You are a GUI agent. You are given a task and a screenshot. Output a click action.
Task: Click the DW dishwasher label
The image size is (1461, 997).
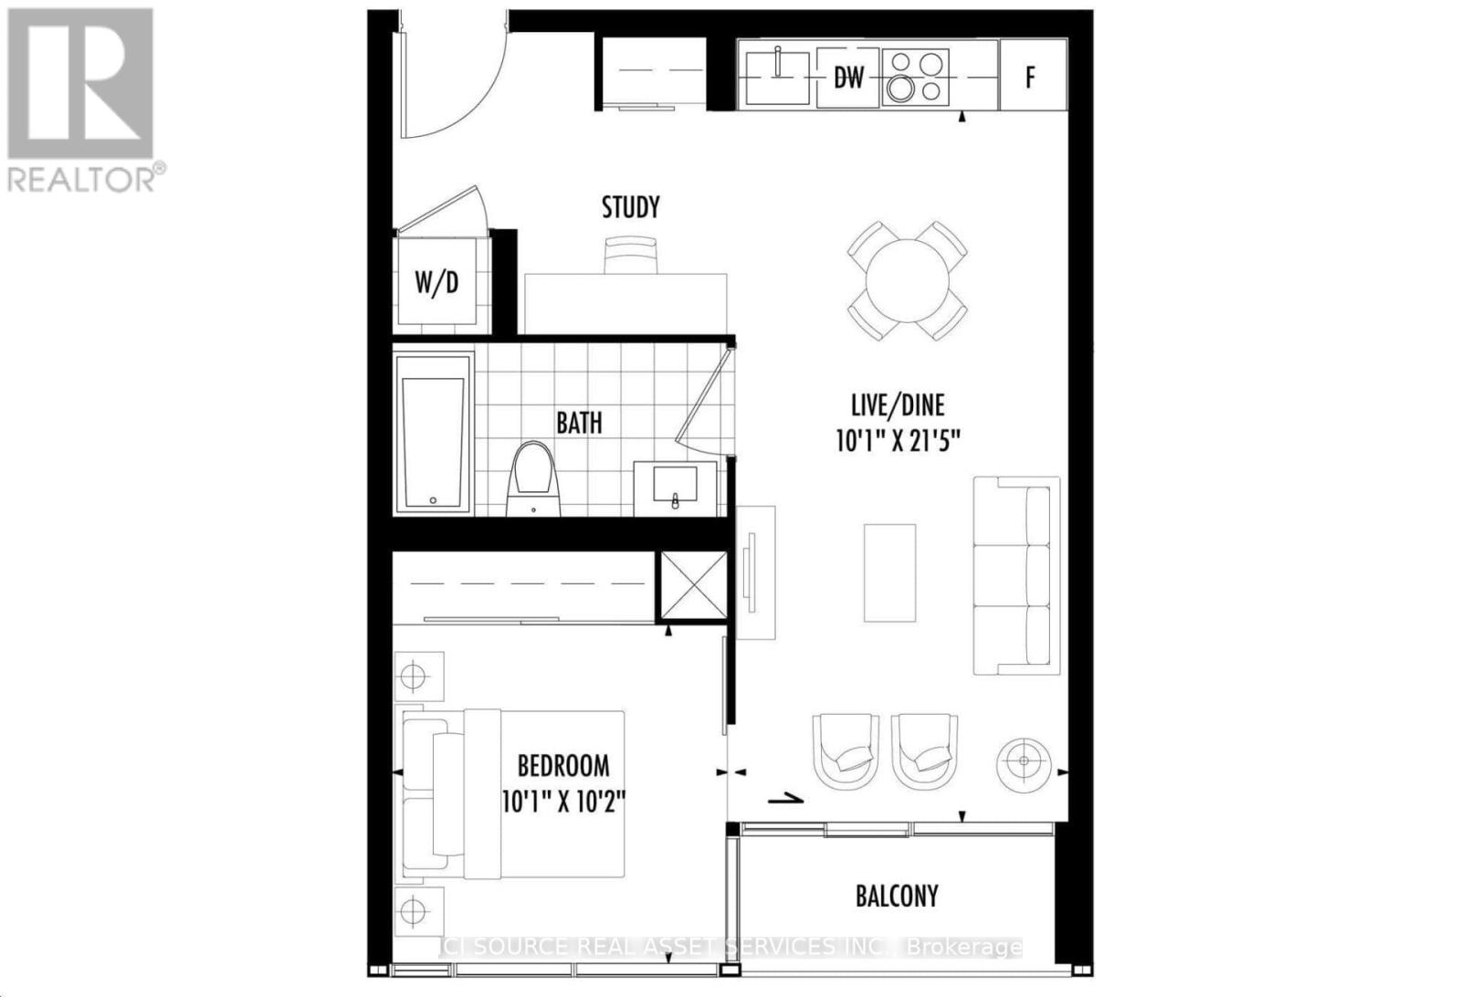tap(848, 79)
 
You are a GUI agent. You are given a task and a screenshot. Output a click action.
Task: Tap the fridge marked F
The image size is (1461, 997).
tap(1032, 76)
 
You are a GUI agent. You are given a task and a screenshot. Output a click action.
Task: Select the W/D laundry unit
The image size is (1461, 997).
tap(436, 283)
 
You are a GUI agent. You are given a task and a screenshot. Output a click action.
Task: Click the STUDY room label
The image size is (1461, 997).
tap(630, 208)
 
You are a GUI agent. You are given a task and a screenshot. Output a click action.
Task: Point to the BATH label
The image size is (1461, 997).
tap(579, 423)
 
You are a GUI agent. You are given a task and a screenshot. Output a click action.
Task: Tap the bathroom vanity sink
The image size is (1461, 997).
tap(675, 485)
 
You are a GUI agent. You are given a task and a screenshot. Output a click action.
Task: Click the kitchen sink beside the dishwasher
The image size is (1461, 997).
tap(777, 77)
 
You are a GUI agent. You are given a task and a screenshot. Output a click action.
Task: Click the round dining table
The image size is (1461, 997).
tap(908, 280)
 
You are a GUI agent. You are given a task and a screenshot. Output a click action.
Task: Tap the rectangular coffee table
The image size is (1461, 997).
tap(889, 573)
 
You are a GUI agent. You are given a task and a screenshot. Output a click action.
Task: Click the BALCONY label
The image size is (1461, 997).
tap(896, 896)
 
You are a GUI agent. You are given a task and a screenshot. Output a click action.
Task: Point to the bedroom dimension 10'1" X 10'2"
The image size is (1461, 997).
tap(562, 802)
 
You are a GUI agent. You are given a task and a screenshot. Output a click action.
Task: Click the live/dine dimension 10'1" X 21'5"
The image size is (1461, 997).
tap(897, 442)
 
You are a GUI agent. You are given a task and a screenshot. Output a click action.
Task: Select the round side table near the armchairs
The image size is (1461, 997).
tap(1023, 761)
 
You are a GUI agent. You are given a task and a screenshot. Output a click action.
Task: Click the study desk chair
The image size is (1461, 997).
tap(630, 255)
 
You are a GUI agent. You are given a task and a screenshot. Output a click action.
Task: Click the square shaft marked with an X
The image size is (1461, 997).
tap(693, 585)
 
